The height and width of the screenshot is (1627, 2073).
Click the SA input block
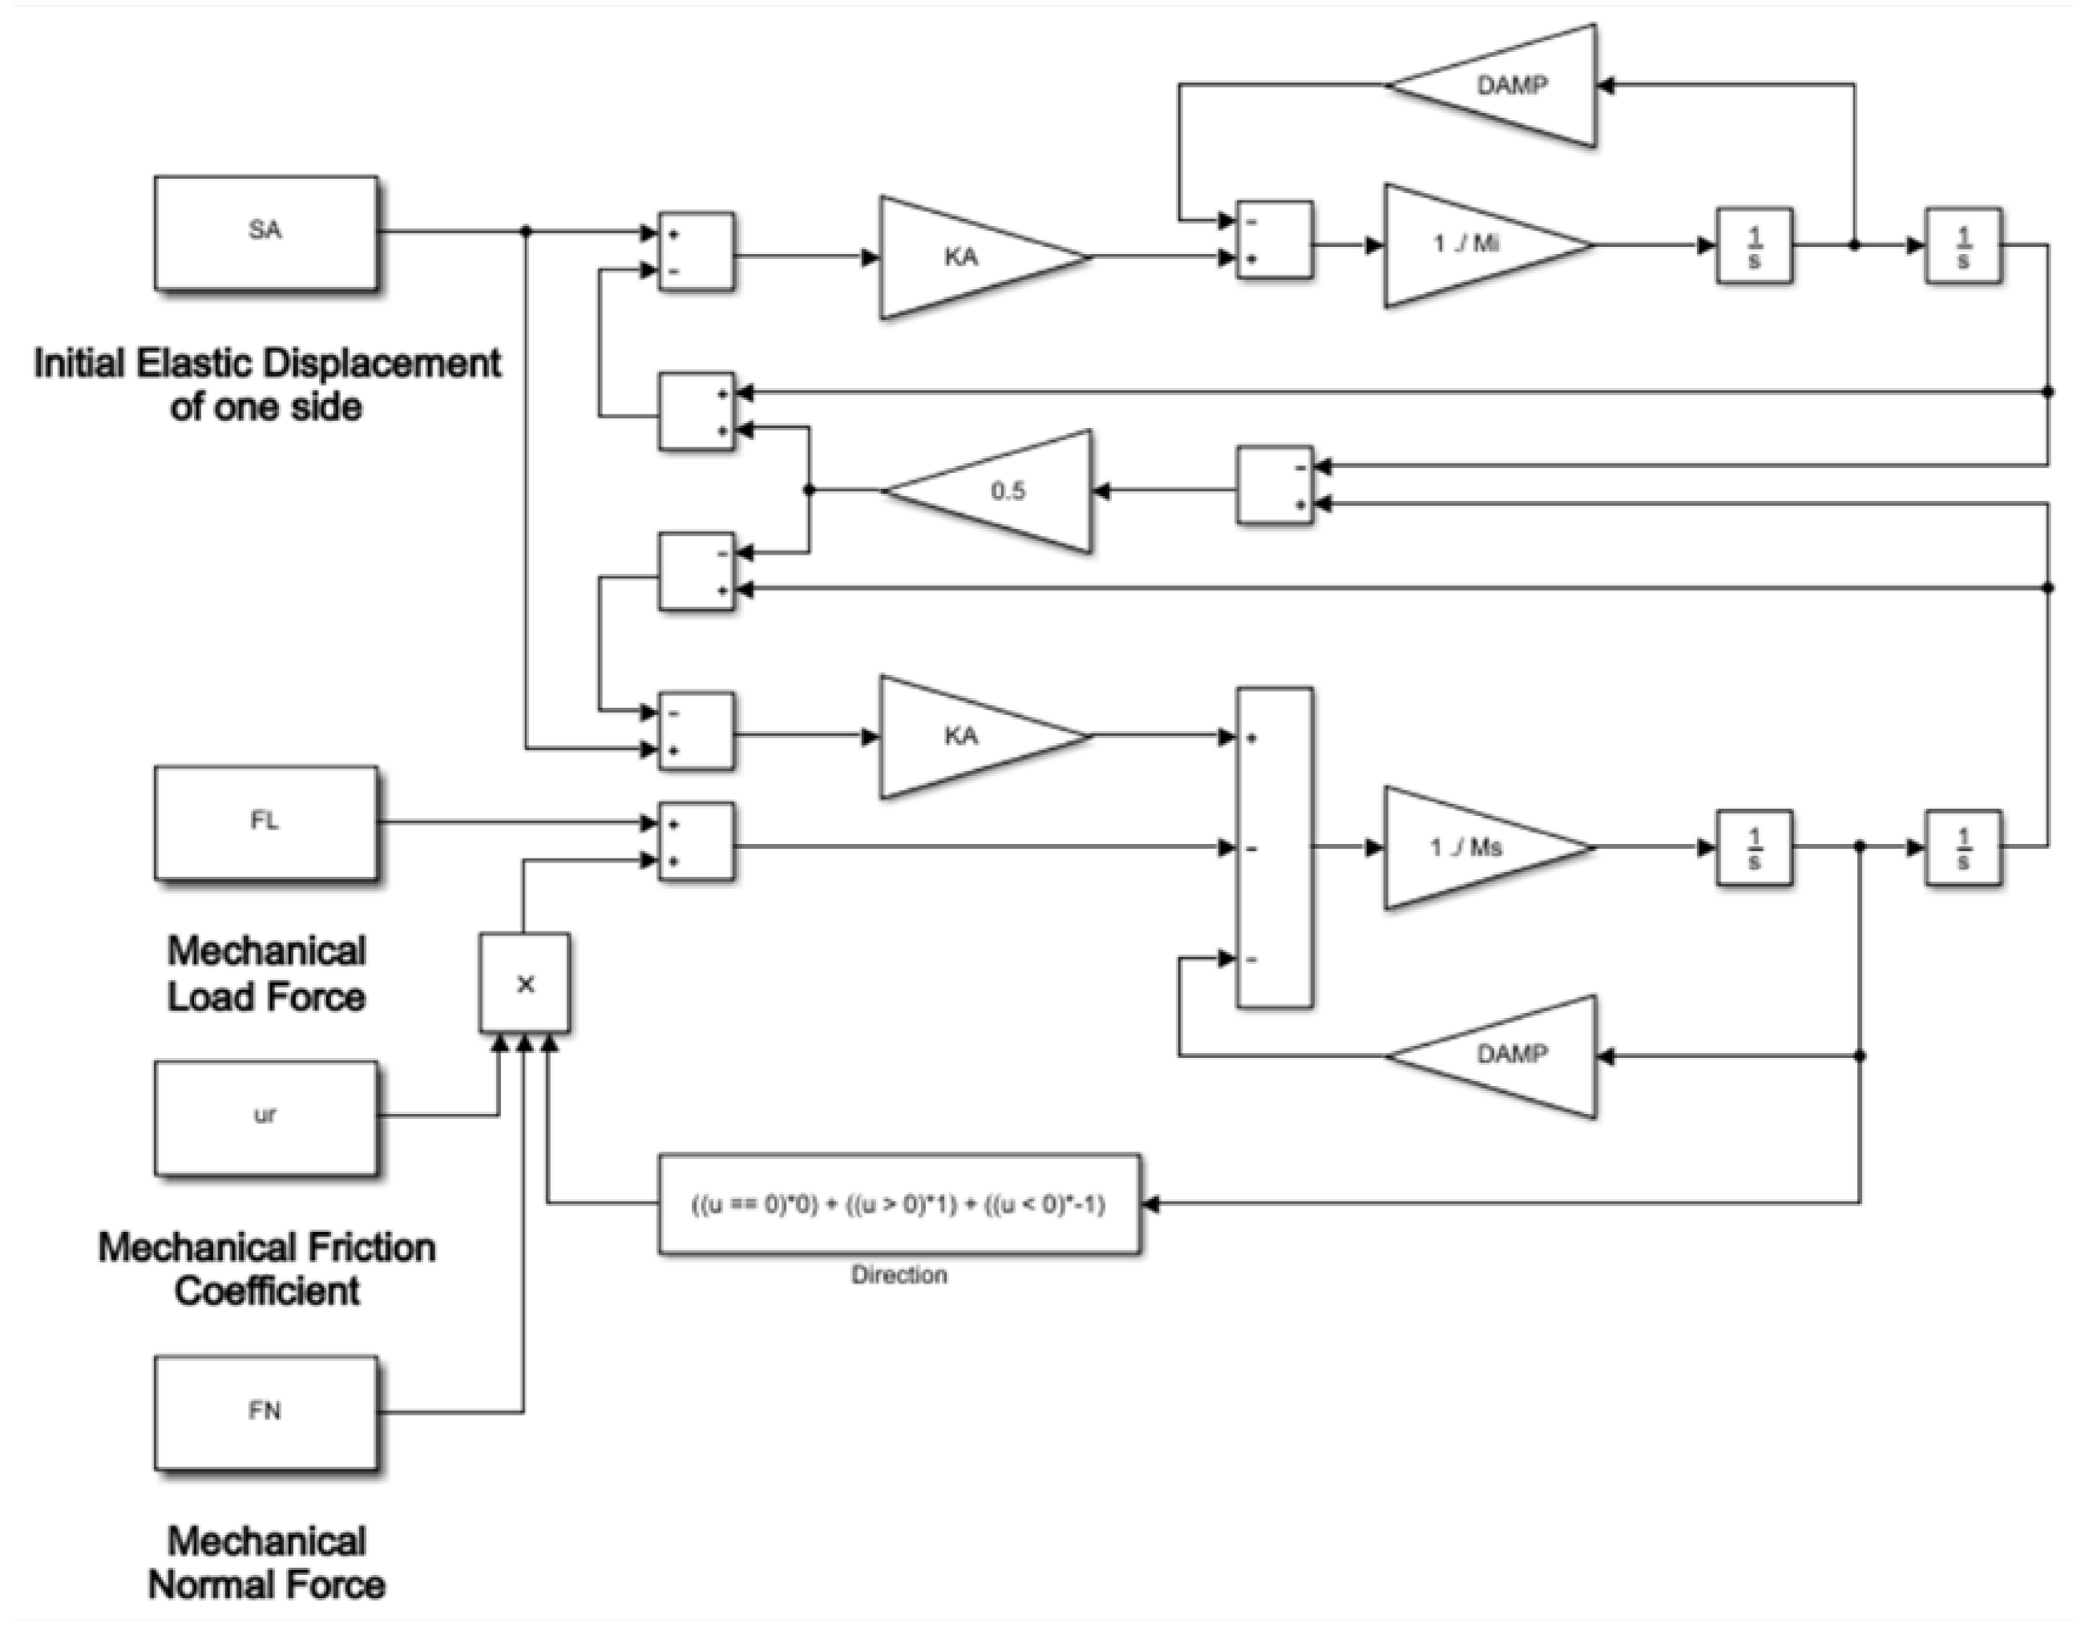(266, 232)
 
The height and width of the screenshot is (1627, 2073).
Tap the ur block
(266, 1116)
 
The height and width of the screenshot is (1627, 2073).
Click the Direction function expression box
(899, 1204)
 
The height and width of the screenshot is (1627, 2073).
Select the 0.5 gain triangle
(1000, 491)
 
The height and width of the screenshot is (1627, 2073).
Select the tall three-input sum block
(1275, 847)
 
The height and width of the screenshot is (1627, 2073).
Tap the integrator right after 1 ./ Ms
(1754, 848)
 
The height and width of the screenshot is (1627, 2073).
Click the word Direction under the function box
(899, 1274)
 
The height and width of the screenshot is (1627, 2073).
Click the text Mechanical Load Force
(266, 974)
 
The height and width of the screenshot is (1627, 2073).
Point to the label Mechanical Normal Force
(266, 1563)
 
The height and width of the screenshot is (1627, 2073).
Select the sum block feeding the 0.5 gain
(1275, 485)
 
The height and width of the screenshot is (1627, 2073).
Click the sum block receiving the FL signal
(697, 841)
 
